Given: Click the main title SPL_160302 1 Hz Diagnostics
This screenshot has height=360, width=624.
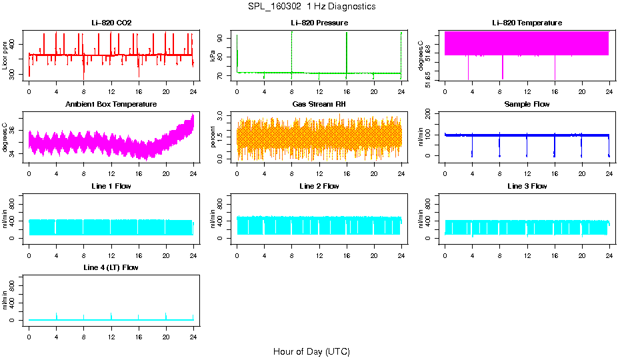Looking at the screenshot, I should tap(311, 7).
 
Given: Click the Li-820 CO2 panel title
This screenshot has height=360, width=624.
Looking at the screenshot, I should tap(111, 23).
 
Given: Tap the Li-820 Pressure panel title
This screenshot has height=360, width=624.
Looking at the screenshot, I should tap(319, 23).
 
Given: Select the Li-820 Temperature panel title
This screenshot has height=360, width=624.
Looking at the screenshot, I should tap(527, 23).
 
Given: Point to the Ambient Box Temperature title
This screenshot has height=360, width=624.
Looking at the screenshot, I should tap(111, 105).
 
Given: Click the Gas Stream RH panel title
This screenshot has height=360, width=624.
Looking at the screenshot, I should tap(319, 105).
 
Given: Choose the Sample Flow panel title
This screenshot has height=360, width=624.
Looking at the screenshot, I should tap(527, 105).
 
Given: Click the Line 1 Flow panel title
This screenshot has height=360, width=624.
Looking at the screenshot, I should tap(111, 186).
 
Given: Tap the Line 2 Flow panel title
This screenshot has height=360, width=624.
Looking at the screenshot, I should tap(319, 186).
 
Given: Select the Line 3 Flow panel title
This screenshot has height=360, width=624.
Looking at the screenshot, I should tap(527, 186).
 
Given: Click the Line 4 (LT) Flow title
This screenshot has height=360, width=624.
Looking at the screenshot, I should tap(111, 267).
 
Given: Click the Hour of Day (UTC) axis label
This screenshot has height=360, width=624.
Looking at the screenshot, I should tap(311, 351).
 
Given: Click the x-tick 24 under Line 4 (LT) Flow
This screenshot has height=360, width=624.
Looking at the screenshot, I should tap(193, 331).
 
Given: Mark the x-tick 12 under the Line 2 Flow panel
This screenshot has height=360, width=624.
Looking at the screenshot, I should tap(319, 250).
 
